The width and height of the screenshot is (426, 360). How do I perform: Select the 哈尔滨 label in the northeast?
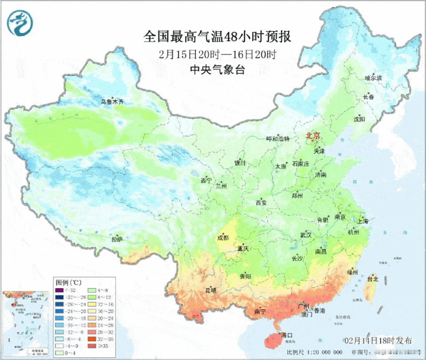coord(373,78)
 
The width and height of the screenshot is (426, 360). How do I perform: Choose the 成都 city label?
coord(223,238)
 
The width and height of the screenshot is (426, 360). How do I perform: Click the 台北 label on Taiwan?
coord(372,279)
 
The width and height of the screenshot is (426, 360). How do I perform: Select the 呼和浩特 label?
coord(277,138)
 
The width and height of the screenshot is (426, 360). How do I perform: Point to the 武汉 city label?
coord(306,234)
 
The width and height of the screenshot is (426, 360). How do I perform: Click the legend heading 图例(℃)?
coord(68,282)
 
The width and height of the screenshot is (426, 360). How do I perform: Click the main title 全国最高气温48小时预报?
coord(217,36)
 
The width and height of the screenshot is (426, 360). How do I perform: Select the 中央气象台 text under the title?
coord(217,70)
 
